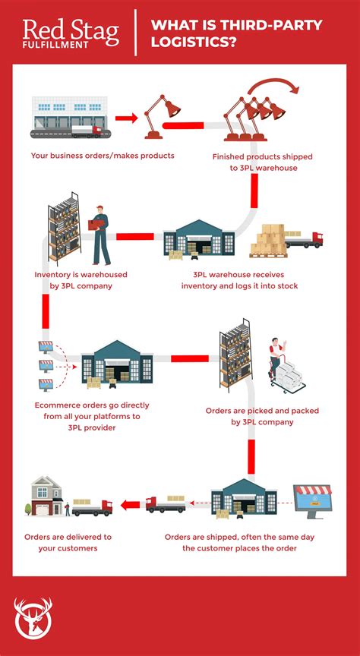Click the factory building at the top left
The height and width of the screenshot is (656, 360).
(x=67, y=117)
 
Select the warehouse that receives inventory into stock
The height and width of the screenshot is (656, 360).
(x=199, y=240)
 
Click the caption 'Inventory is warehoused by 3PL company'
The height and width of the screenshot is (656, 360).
(x=81, y=279)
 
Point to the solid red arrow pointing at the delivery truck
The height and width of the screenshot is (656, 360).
(x=130, y=503)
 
